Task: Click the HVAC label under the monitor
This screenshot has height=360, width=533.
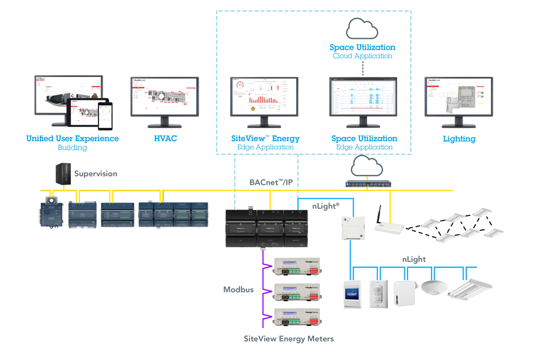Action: [x=165, y=139]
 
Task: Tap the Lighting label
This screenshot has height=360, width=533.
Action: [x=459, y=139]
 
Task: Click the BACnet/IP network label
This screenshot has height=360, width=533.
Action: [x=271, y=182]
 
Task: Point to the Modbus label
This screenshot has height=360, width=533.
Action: [x=238, y=289]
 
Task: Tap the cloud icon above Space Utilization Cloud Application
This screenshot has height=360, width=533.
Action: [x=362, y=29]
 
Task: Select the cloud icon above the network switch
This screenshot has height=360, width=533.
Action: [x=367, y=167]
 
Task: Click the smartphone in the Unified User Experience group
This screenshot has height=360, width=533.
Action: [x=105, y=116]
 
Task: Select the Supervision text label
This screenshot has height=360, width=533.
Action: [x=96, y=174]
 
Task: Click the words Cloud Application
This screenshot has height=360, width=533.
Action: [x=362, y=56]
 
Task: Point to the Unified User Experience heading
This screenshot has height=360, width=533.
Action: [x=73, y=139]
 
